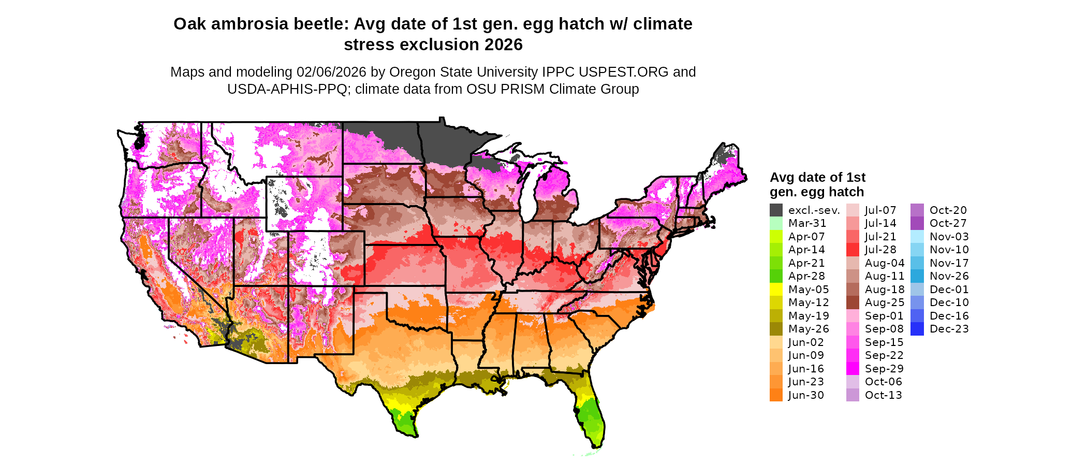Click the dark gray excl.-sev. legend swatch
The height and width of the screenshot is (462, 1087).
776,210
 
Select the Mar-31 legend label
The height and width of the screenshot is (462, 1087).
807,223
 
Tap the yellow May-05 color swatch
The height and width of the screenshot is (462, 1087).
776,290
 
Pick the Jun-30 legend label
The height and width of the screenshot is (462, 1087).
806,395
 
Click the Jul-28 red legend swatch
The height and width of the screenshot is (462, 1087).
853,250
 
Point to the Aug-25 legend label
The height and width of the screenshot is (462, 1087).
885,302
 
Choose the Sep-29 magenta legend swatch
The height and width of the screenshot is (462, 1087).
853,369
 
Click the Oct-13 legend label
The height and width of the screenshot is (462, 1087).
883,395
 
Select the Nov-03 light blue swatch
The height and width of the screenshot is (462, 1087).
917,237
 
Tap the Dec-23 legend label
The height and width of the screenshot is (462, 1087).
949,329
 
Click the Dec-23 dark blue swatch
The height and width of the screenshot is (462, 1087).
917,329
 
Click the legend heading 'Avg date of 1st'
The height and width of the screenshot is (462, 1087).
817,178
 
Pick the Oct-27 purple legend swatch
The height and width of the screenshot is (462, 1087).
917,223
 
